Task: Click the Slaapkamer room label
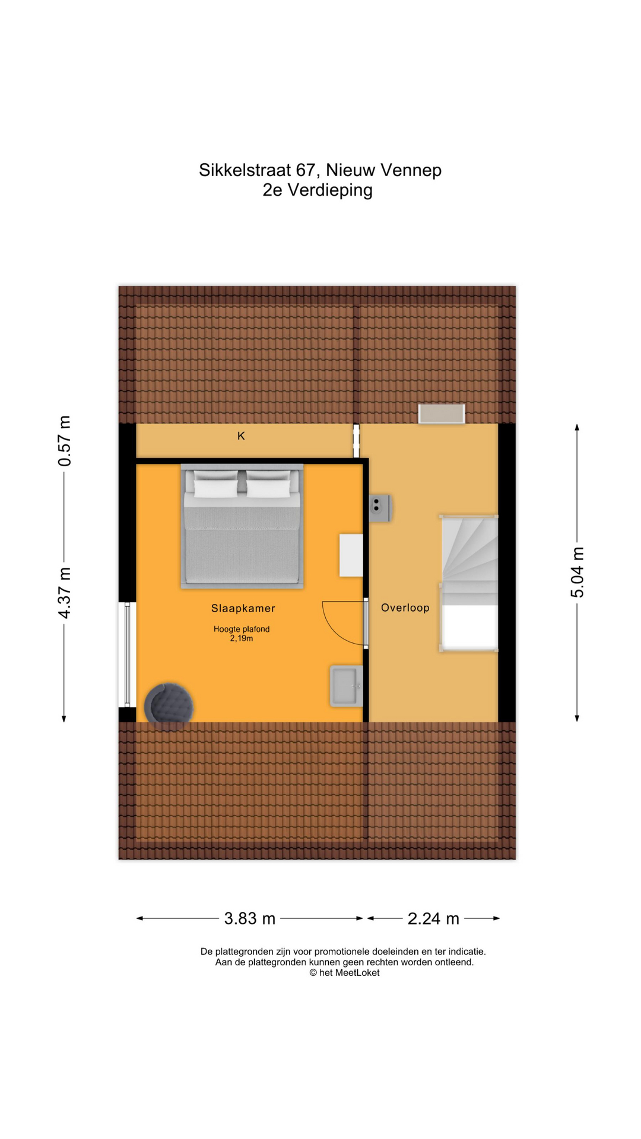point(243,608)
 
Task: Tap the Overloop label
point(405,607)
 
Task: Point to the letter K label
point(241,436)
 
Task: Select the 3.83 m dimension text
point(250,918)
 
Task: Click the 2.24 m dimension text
point(433,918)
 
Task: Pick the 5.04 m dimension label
point(577,572)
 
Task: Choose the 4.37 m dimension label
point(64,593)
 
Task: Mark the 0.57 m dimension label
point(64,441)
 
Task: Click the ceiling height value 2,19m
point(242,639)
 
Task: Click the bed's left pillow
point(215,488)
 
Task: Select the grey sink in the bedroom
point(347,686)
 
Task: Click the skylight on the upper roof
point(442,413)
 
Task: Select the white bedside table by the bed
point(351,555)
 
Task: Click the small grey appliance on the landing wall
point(380,508)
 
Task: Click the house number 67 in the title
point(305,170)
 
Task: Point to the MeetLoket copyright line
point(344,973)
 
